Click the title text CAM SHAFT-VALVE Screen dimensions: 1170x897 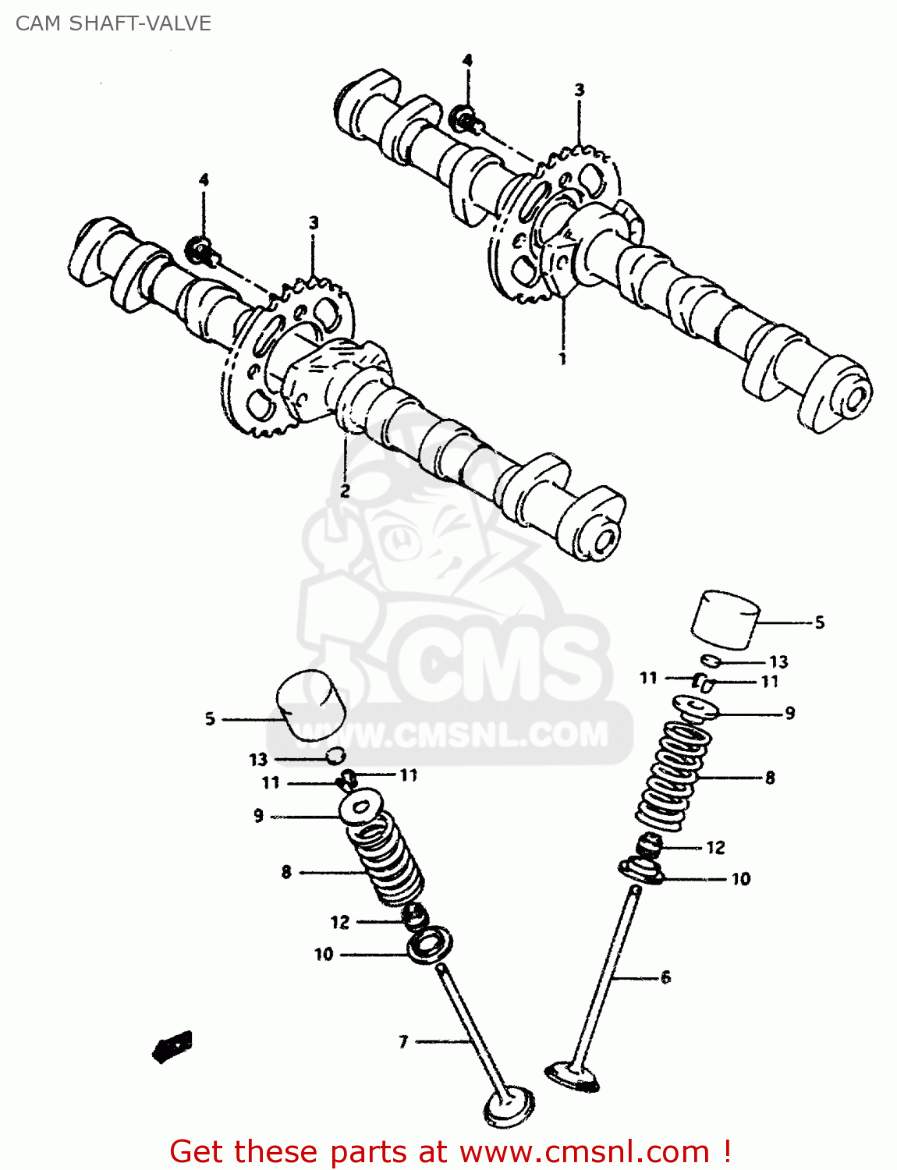pyautogui.click(x=113, y=23)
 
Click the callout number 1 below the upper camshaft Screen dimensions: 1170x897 pyautogui.click(x=562, y=359)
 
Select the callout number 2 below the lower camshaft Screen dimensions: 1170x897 pyautogui.click(x=345, y=491)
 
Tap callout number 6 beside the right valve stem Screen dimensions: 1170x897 pyautogui.click(x=665, y=977)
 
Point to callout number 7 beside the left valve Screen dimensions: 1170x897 pyautogui.click(x=403, y=1041)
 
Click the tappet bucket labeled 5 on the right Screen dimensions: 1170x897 pyautogui.click(x=725, y=620)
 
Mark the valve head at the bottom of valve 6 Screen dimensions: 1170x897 pyautogui.click(x=572, y=1076)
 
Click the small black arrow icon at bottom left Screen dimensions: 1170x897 pyautogui.click(x=172, y=1046)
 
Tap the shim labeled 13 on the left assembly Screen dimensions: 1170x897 pyautogui.click(x=335, y=755)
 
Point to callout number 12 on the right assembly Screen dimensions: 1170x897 pyautogui.click(x=715, y=847)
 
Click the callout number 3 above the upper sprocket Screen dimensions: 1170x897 pyautogui.click(x=580, y=90)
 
